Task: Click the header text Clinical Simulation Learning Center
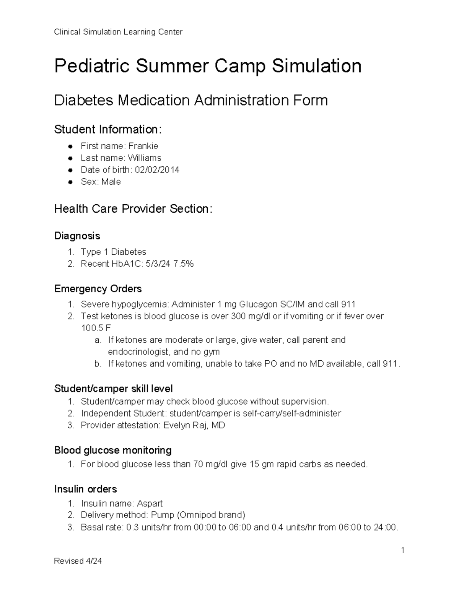[x=118, y=32]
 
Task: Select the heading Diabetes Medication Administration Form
[x=191, y=101]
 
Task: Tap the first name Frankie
[x=143, y=146]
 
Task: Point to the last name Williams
[x=144, y=158]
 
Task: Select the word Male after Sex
[x=111, y=182]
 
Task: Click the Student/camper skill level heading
[x=113, y=389]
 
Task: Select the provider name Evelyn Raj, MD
[x=194, y=425]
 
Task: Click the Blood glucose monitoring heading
[x=113, y=450]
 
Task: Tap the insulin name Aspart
[x=150, y=503]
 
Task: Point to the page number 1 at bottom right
[x=403, y=550]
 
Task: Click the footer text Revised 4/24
[x=78, y=561]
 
